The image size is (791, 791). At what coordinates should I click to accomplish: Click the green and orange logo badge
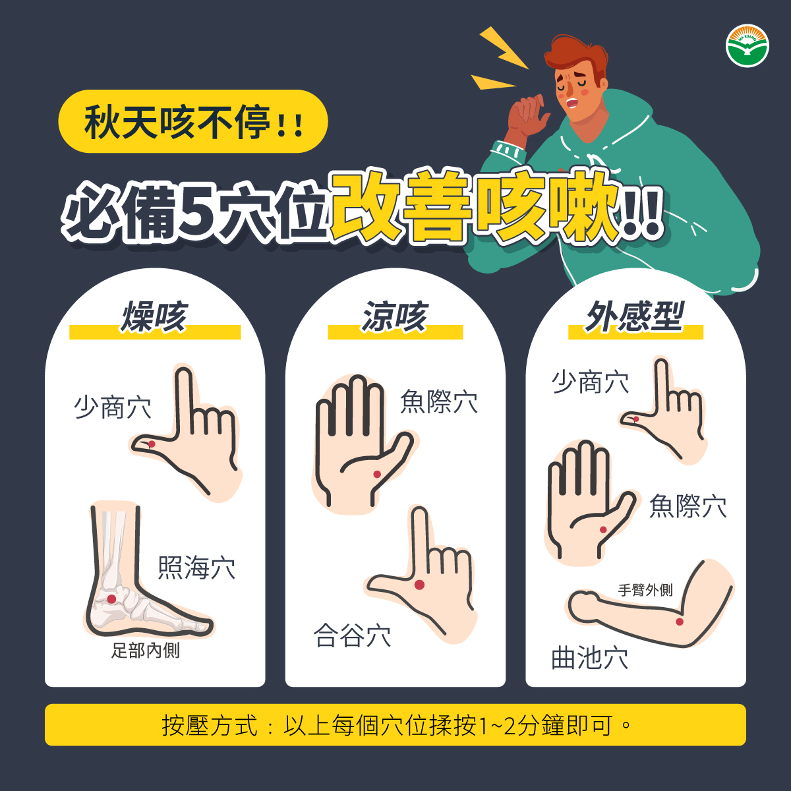747,45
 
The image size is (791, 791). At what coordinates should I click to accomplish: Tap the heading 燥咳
154,316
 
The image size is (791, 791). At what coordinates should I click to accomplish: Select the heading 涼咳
395,316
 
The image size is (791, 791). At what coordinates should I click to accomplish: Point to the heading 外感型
635,316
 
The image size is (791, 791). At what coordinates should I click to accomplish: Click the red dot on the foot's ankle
111,599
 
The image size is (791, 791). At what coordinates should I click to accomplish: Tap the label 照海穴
196,568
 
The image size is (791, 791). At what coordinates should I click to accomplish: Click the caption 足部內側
146,650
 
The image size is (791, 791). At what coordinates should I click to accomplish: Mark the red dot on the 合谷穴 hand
419,585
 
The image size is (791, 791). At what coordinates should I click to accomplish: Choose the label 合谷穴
352,635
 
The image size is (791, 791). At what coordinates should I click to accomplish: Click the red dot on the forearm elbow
680,622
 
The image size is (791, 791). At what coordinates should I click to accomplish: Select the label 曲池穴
589,657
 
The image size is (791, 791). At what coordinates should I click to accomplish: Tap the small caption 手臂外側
645,590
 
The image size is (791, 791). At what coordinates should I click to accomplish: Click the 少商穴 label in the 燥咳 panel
113,407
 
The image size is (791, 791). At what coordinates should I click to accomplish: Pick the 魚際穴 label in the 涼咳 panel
439,401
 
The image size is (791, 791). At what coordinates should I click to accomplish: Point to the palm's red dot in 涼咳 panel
377,475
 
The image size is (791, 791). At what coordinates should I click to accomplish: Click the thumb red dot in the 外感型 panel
636,419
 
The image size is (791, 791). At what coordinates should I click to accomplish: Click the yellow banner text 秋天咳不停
178,122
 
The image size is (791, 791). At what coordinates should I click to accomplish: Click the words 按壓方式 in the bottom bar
210,726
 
